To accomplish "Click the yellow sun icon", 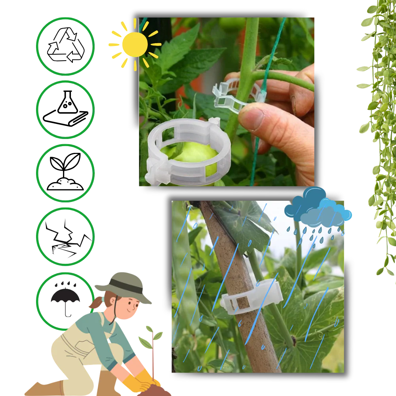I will tap(135, 44).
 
